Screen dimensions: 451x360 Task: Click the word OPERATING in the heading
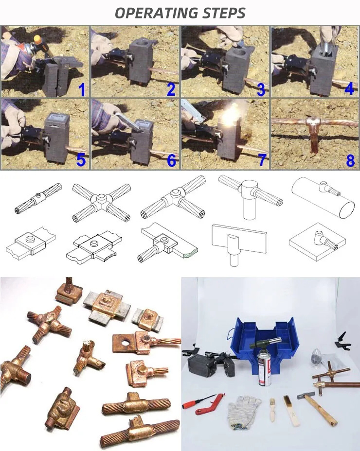(155, 13)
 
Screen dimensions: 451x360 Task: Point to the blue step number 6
(171, 160)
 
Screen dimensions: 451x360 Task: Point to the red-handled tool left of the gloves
(203, 403)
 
